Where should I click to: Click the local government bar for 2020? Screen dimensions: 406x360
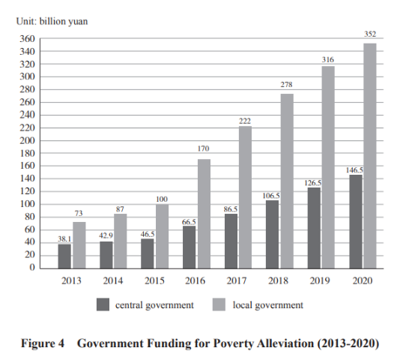point(370,156)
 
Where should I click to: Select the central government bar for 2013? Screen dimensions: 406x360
point(64,256)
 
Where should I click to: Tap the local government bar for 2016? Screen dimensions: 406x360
point(204,214)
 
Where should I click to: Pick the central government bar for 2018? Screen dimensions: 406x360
point(273,235)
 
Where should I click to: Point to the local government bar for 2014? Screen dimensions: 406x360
point(121,241)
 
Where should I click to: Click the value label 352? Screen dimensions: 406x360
point(370,34)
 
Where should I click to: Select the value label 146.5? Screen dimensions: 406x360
point(354,170)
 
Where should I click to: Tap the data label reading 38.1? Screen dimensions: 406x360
point(64,238)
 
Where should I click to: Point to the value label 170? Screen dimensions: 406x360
point(203,148)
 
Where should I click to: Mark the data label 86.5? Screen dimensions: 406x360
point(231,209)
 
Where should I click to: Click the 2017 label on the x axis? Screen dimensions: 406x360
point(237,280)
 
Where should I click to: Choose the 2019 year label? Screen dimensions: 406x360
point(320,280)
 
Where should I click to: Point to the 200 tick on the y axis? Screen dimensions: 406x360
point(27,141)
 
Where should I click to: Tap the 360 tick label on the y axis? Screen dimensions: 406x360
point(27,39)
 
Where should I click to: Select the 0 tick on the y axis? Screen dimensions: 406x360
point(32,267)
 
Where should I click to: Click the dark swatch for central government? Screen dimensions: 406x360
point(103,304)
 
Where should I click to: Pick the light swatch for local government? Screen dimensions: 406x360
point(219,304)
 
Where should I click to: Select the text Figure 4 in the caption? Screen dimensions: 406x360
point(43,343)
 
